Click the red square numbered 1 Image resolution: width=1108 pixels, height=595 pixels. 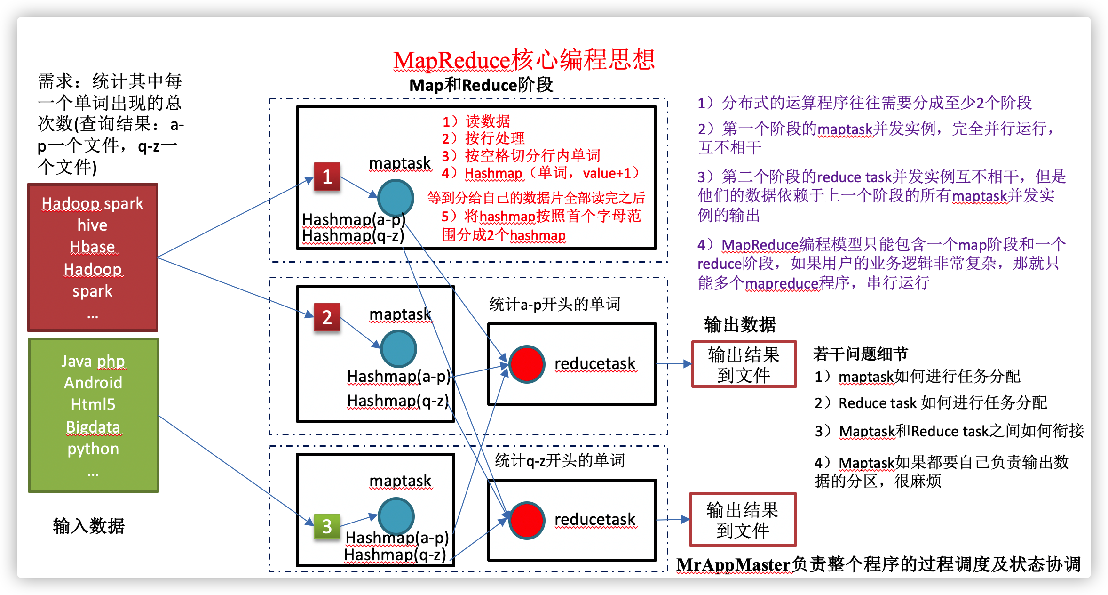(327, 177)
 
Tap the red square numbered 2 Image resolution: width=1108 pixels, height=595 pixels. (327, 317)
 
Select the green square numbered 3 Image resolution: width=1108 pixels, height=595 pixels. (327, 526)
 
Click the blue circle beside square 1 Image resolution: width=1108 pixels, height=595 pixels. (396, 198)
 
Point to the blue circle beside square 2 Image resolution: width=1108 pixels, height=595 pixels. (398, 349)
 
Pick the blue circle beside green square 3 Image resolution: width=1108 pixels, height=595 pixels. (396, 516)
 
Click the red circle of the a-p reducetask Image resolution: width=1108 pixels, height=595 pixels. (527, 364)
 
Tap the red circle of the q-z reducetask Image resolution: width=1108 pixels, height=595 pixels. (527, 520)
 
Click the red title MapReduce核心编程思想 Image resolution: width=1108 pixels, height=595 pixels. (524, 60)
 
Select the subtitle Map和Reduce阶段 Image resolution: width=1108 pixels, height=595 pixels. (481, 85)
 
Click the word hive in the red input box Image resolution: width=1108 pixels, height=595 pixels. (92, 225)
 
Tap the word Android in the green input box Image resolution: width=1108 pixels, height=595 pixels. (93, 383)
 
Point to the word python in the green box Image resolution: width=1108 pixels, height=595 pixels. (93, 449)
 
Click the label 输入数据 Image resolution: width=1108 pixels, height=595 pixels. (88, 526)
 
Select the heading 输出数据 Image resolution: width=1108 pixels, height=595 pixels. (740, 325)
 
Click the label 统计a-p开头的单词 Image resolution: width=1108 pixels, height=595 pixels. (555, 304)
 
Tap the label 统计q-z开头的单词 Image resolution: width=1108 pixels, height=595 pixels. (560, 460)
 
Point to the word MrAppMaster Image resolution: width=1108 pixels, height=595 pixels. (733, 564)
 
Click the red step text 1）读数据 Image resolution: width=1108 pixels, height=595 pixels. (476, 121)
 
